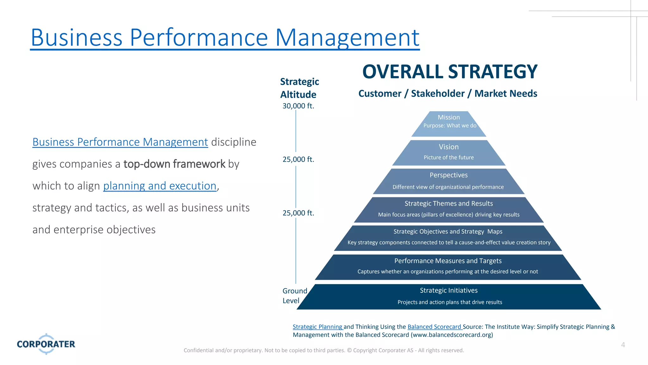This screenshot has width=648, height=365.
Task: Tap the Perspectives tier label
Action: pos(449,175)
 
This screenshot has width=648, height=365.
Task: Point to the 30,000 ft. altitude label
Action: pos(298,106)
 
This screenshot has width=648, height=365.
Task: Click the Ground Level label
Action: pos(294,296)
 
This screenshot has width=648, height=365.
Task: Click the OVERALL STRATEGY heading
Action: pos(450,72)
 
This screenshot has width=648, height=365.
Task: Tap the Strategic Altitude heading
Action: pos(299,88)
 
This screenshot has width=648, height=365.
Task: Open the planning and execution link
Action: pos(160,186)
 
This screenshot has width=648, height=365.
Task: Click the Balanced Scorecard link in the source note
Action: pos(434,327)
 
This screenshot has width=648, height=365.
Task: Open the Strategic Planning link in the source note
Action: pos(317,327)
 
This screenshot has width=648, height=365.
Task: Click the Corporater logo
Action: pos(46,344)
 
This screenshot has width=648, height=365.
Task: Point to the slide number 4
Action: pos(623,345)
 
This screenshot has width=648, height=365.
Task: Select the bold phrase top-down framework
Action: pos(174,164)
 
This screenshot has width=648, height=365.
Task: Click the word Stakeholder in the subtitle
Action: pos(438,93)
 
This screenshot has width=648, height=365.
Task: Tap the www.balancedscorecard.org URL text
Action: pos(452,335)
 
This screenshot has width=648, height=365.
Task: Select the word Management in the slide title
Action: pos(347,38)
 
